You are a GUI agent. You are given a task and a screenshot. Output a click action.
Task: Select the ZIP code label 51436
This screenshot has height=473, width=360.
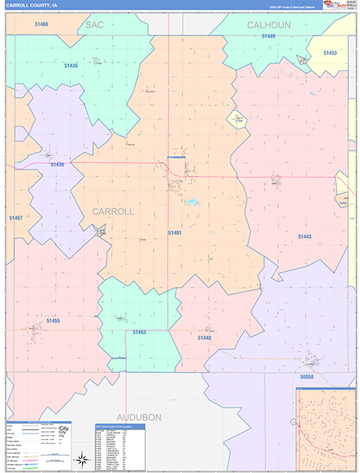[71, 66]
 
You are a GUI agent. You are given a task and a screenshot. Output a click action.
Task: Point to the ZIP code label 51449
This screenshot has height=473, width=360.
[269, 36]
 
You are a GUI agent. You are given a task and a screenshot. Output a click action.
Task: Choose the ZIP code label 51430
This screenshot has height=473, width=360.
[57, 164]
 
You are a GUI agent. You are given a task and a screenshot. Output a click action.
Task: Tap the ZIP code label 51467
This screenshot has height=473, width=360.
[17, 218]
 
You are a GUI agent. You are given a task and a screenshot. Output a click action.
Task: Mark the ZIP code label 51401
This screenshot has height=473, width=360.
[175, 233]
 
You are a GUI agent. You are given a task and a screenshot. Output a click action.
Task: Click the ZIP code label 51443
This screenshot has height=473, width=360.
[305, 236]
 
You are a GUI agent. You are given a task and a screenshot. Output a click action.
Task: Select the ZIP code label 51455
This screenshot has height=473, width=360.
[53, 321]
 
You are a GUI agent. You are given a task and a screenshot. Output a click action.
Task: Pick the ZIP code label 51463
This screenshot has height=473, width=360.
[139, 332]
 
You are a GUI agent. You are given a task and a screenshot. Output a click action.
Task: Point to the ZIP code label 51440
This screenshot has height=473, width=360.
[205, 337]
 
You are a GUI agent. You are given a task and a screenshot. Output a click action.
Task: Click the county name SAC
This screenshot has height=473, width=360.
[95, 24]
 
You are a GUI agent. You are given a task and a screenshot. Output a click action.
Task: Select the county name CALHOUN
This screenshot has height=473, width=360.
[269, 24]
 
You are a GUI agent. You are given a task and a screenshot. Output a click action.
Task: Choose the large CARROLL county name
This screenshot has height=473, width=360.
[113, 211]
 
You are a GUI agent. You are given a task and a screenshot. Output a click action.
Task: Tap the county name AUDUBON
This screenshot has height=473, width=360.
[139, 415]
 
